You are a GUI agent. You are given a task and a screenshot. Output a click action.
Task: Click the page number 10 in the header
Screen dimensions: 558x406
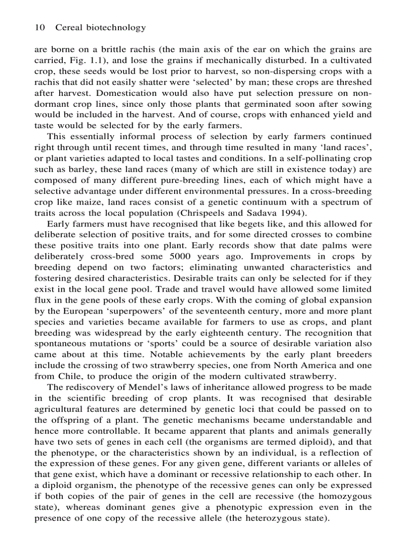click(39, 28)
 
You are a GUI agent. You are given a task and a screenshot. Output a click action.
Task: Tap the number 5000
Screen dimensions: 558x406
click(185, 256)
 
